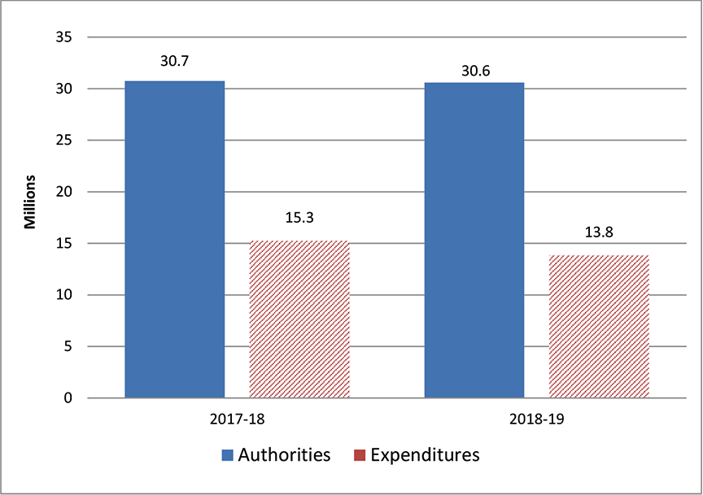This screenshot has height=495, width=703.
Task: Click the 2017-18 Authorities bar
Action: pyautogui.click(x=174, y=240)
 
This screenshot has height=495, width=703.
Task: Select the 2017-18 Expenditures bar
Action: pyautogui.click(x=299, y=319)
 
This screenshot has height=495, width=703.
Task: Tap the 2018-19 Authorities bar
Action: pyautogui.click(x=474, y=241)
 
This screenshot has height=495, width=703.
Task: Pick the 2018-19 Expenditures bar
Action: pyautogui.click(x=600, y=327)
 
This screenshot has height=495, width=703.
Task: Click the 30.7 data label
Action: pyautogui.click(x=174, y=61)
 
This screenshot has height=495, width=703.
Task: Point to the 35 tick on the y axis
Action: pyautogui.click(x=66, y=37)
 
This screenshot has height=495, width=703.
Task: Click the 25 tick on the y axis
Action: pyautogui.click(x=66, y=141)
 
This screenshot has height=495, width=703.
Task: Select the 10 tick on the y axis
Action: pyautogui.click(x=66, y=295)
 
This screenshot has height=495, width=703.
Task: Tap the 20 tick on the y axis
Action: pyautogui.click(x=66, y=192)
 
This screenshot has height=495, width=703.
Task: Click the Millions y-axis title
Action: pyautogui.click(x=30, y=201)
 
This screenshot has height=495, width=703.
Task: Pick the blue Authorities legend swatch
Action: pyautogui.click(x=227, y=455)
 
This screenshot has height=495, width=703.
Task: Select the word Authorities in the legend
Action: pyautogui.click(x=284, y=455)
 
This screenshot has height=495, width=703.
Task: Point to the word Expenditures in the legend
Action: pyautogui.click(x=425, y=455)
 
